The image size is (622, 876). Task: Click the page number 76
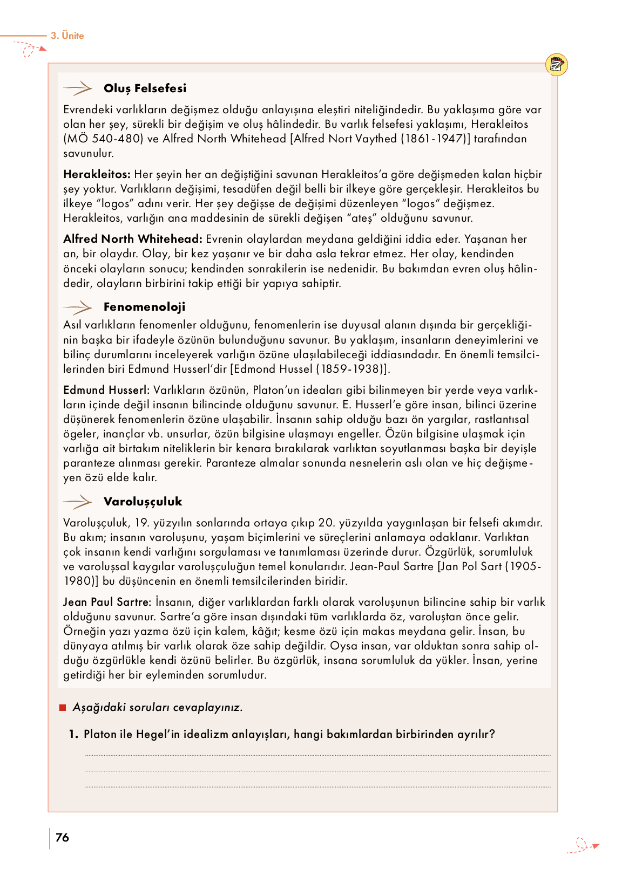tap(63, 837)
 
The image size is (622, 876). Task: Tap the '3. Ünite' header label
tap(67, 36)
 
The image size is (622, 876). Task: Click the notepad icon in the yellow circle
tap(557, 65)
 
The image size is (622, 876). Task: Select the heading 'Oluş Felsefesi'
tap(145, 88)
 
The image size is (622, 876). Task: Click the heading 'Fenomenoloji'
tap(144, 307)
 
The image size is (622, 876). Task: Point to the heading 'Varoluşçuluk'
tap(143, 502)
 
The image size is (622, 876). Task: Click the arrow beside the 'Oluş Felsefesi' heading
tap(78, 88)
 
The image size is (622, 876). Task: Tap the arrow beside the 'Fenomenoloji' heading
tap(78, 307)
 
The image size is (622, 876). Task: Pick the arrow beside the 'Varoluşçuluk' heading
tap(78, 502)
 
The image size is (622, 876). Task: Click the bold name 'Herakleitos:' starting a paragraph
tap(97, 174)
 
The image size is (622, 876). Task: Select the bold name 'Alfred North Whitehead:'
tap(133, 239)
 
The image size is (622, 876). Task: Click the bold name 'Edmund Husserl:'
tap(106, 390)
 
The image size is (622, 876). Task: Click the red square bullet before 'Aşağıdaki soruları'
tap(63, 708)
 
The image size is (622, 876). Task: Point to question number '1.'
tap(74, 734)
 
